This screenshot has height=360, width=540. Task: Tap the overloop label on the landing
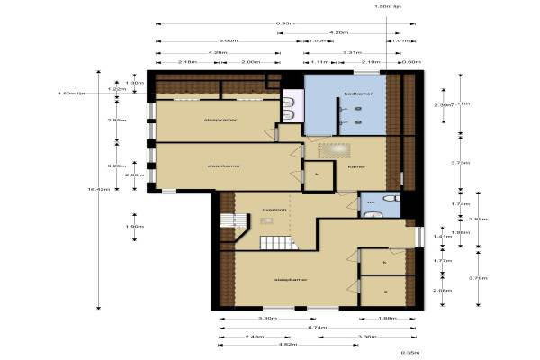[274, 209]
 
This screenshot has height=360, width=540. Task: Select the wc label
[370, 203]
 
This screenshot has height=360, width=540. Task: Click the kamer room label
[357, 166]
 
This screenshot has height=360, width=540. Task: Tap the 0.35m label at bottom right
[409, 353]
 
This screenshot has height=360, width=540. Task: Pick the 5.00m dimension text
[228, 41]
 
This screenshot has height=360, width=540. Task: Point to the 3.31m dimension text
[352, 52]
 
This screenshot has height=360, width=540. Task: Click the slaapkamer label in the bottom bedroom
[292, 280]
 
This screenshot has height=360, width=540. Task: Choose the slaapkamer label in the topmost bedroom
[220, 119]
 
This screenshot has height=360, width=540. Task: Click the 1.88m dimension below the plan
[386, 319]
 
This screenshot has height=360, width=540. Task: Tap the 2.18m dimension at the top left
[188, 62]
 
